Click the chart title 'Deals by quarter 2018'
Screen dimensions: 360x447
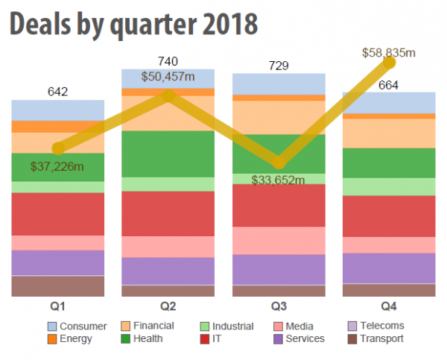coord(134,25)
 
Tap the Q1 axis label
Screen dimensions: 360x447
coord(57,306)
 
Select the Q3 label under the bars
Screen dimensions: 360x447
coord(279,306)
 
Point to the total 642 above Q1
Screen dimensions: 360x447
coord(57,92)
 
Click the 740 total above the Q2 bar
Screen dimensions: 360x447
coord(168,61)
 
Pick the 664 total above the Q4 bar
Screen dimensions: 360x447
coord(388,85)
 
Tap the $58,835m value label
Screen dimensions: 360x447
coord(388,53)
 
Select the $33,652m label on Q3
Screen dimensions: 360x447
coord(279,180)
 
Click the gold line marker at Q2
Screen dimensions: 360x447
coord(168,95)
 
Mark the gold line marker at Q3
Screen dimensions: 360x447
coord(279,162)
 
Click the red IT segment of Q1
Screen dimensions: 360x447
coord(57,214)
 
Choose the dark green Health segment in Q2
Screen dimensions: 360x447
coord(168,154)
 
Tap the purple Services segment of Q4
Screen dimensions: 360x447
coord(388,268)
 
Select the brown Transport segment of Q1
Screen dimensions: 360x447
coord(57,286)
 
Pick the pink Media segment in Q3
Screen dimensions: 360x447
coord(279,240)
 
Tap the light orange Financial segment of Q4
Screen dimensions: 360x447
coord(388,133)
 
